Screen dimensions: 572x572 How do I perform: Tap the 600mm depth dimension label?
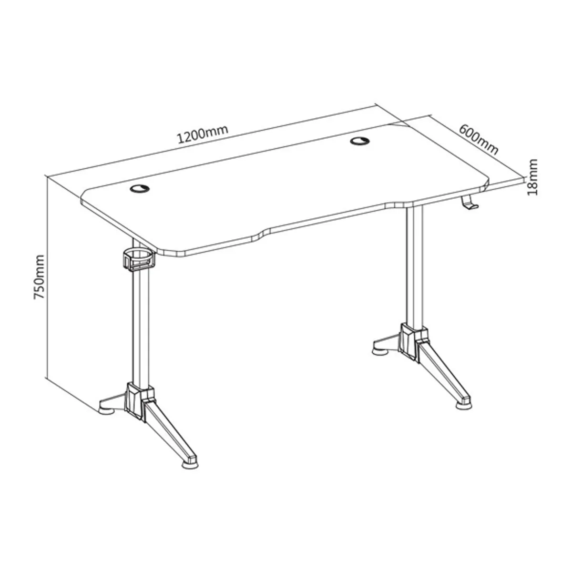tap(478, 140)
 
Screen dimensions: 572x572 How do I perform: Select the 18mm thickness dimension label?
tap(532, 177)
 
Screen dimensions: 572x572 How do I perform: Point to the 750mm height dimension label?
tap(39, 276)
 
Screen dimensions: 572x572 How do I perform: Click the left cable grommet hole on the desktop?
tap(140, 188)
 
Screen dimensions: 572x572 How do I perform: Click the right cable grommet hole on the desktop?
tap(359, 141)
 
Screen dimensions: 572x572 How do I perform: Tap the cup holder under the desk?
tap(139, 259)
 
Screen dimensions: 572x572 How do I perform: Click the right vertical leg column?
tap(414, 266)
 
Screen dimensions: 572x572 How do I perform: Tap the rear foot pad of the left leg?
tap(107, 410)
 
